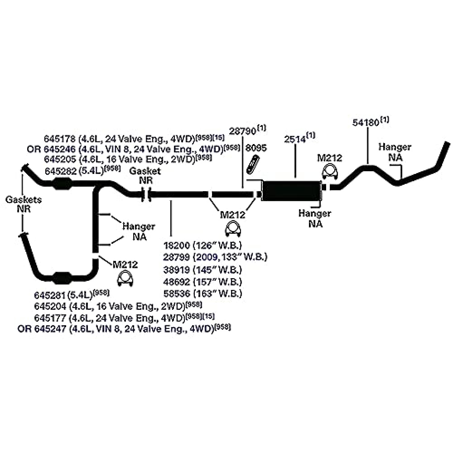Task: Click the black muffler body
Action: click(292, 191)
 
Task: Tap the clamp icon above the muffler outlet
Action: click(329, 174)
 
